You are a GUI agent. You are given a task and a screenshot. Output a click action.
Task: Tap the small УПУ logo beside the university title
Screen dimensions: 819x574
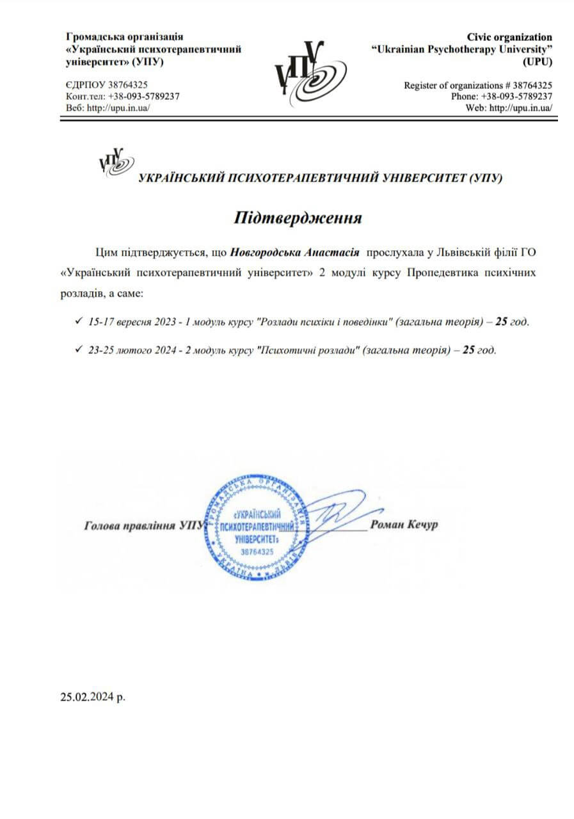click(x=116, y=163)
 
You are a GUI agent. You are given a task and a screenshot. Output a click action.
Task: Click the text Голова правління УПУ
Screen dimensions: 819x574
click(x=142, y=527)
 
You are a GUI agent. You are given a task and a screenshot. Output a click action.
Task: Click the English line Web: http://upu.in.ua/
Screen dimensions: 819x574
click(x=510, y=107)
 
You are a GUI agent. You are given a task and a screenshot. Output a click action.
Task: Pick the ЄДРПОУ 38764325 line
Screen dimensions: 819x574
click(x=108, y=85)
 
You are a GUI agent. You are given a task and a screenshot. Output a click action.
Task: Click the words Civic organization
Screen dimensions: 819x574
click(x=511, y=37)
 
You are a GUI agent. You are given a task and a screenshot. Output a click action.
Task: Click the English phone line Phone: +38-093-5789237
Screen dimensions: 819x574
click(x=501, y=96)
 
